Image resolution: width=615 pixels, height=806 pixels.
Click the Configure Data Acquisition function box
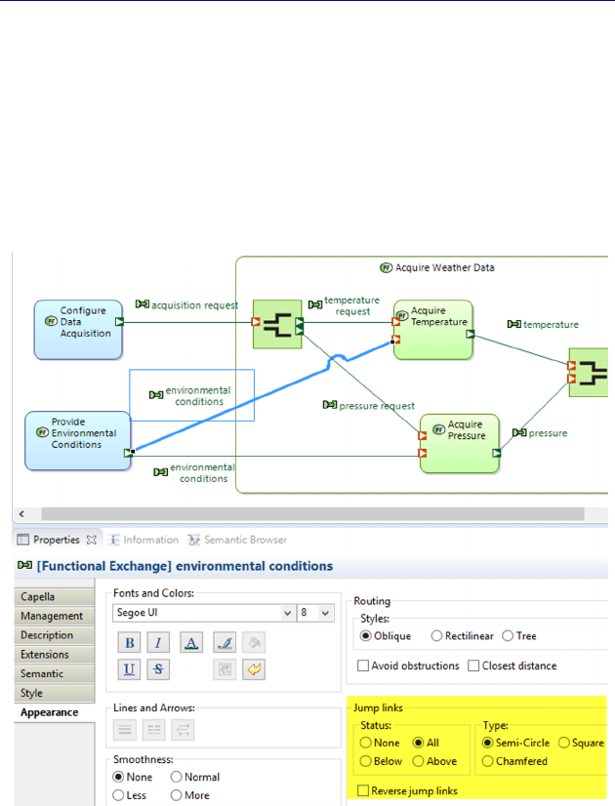pyautogui.click(x=78, y=322)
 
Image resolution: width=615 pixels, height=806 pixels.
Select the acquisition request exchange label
pyautogui.click(x=193, y=304)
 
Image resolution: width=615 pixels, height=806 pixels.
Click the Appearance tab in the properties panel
pyautogui.click(x=49, y=712)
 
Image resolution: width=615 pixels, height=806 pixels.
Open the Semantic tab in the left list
pyautogui.click(x=42, y=673)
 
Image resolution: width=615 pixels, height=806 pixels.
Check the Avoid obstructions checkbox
pyautogui.click(x=364, y=665)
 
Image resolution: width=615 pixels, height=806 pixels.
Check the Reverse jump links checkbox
pyautogui.click(x=364, y=790)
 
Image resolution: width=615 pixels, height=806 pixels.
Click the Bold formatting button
pyautogui.click(x=129, y=643)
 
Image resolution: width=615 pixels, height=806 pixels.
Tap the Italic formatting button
pyautogui.click(x=159, y=643)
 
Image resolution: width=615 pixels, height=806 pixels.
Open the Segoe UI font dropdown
pyautogui.click(x=204, y=613)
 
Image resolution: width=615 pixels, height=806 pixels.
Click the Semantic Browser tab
pyautogui.click(x=238, y=540)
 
